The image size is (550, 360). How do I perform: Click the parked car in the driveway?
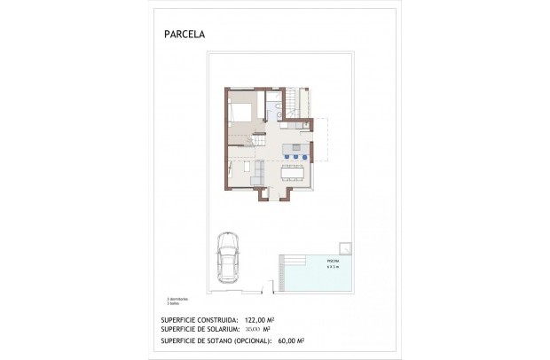tap(228, 258)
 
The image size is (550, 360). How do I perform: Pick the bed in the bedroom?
tap(242, 114)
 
